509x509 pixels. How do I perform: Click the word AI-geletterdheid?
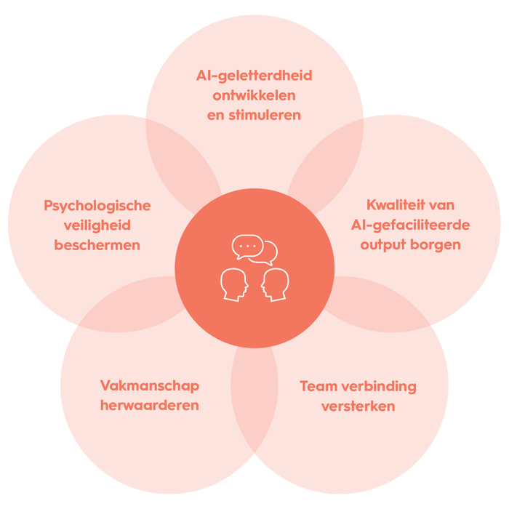(254, 76)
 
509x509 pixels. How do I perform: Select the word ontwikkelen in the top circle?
(254, 95)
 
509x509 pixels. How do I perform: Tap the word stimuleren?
(265, 115)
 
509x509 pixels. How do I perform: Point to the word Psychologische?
(97, 207)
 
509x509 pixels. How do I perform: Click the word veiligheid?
(97, 226)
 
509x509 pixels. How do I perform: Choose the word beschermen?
(97, 245)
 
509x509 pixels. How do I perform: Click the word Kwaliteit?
(391, 205)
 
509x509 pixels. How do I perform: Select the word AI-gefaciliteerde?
(410, 225)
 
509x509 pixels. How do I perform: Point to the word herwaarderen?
(150, 406)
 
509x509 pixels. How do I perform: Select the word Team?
(318, 386)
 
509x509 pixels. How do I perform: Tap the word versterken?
(358, 406)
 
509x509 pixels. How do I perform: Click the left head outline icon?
(234, 285)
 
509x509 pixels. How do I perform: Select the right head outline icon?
(275, 285)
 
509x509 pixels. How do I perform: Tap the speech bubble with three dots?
(247, 247)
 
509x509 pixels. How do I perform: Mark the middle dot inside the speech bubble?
(247, 246)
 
